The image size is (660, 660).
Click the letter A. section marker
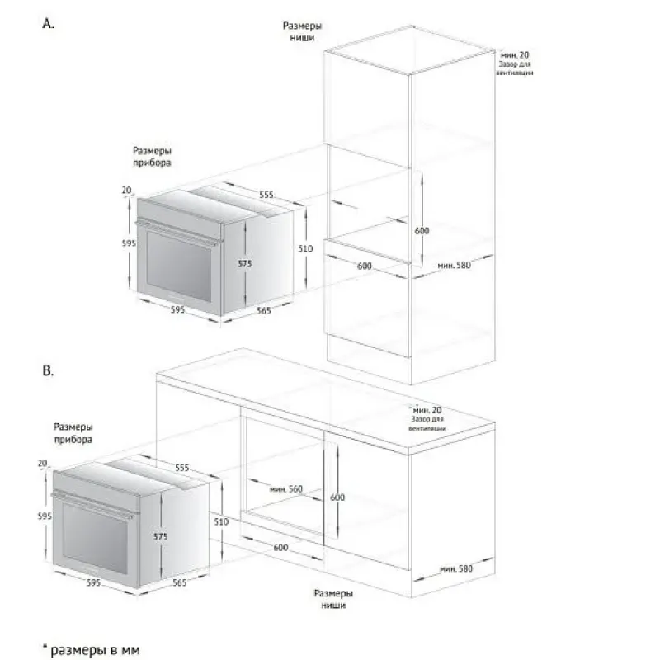(49, 24)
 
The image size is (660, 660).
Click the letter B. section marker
(49, 370)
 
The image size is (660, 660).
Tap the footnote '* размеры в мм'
(92, 649)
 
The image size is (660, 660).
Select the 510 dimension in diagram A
(305, 249)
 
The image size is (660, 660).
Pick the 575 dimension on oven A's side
(244, 263)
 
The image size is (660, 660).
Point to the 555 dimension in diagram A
(266, 195)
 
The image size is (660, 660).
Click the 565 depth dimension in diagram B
(180, 582)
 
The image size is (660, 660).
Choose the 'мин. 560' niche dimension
(286, 488)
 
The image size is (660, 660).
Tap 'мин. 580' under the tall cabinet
(455, 265)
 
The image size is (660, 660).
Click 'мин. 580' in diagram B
(456, 568)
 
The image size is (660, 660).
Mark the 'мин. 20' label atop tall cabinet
(514, 54)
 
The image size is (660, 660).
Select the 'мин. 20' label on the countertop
(427, 409)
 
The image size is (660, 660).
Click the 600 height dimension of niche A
(422, 231)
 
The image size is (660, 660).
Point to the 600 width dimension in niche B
(280, 547)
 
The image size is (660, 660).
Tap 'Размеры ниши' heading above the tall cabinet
(302, 31)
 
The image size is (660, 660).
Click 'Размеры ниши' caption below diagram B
(333, 599)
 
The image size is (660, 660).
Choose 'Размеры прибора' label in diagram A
(152, 157)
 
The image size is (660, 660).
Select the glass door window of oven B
(96, 538)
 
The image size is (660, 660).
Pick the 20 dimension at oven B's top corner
(43, 463)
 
